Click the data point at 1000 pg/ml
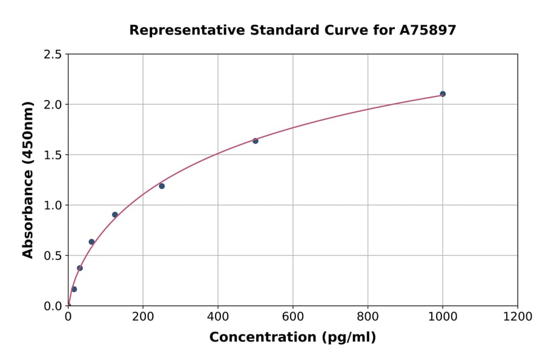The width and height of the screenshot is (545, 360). (x=443, y=94)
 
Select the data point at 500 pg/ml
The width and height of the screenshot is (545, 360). (x=256, y=141)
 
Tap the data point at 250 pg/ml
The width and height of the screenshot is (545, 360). (x=162, y=186)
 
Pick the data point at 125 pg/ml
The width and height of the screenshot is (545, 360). (x=115, y=215)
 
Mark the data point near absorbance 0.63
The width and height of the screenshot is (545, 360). (x=91, y=242)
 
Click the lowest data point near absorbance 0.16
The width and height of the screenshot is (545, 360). (x=74, y=289)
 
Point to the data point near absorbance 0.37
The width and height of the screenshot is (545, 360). (x=80, y=268)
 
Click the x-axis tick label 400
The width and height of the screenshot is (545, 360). (x=218, y=317)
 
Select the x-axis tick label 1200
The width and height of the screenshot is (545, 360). (x=517, y=317)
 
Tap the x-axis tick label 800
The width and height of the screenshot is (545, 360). (x=368, y=317)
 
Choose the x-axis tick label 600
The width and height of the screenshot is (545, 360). (x=292, y=317)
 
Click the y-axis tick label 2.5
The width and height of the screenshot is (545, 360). (x=53, y=55)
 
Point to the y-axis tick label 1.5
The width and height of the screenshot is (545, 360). (x=53, y=155)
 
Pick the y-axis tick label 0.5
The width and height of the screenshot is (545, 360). (x=53, y=256)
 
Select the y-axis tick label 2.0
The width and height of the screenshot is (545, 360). (x=53, y=105)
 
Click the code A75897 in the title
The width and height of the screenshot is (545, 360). (x=428, y=30)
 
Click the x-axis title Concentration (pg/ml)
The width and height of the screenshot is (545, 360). (x=292, y=338)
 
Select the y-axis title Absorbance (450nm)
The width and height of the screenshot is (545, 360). (x=28, y=179)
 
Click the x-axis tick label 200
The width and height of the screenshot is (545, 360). (x=143, y=317)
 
